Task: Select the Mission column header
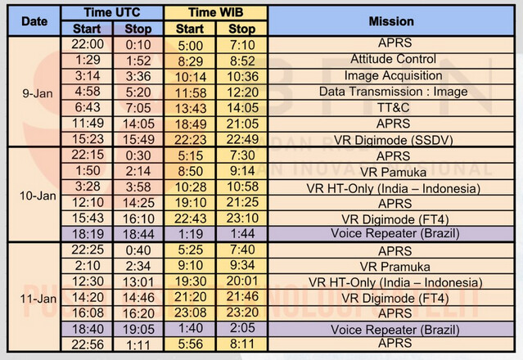392,21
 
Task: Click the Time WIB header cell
216,13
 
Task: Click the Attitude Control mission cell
392,60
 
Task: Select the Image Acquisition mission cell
392,75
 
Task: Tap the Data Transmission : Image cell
392,91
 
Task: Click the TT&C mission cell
392,106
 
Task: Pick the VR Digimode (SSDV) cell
392,139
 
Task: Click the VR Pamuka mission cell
392,171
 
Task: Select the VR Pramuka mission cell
392,266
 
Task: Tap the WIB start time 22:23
190,139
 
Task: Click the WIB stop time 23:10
241,218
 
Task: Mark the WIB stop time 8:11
241,345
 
